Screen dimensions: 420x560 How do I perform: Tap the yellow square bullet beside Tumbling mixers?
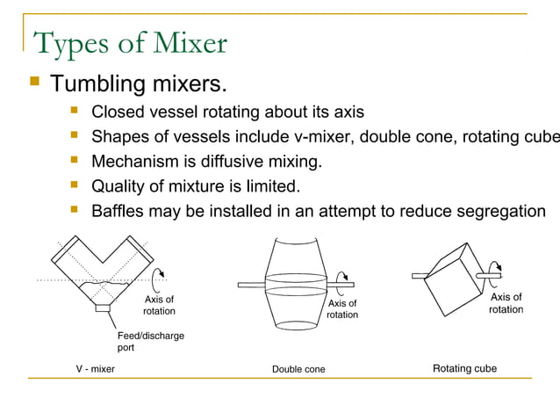pyautogui.click(x=34, y=82)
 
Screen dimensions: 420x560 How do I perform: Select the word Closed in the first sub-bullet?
pyautogui.click(x=119, y=112)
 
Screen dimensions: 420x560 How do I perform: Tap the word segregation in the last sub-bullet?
pyautogui.click(x=495, y=212)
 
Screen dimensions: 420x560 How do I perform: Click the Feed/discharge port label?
pyautogui.click(x=150, y=341)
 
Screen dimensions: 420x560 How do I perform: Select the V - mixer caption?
pyautogui.click(x=95, y=369)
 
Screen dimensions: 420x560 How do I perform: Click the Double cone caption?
pyautogui.click(x=298, y=369)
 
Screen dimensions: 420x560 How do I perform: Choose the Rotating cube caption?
pyautogui.click(x=464, y=368)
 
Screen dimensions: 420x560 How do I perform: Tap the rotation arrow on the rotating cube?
pyautogui.click(x=496, y=270)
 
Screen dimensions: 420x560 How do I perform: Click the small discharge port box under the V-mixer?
pyautogui.click(x=104, y=308)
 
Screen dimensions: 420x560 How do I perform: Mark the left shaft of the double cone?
pyautogui.click(x=251, y=284)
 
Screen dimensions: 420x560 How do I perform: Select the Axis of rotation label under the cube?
pyautogui.click(x=506, y=303)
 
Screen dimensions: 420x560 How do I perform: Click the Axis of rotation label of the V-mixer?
pyautogui.click(x=159, y=305)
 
